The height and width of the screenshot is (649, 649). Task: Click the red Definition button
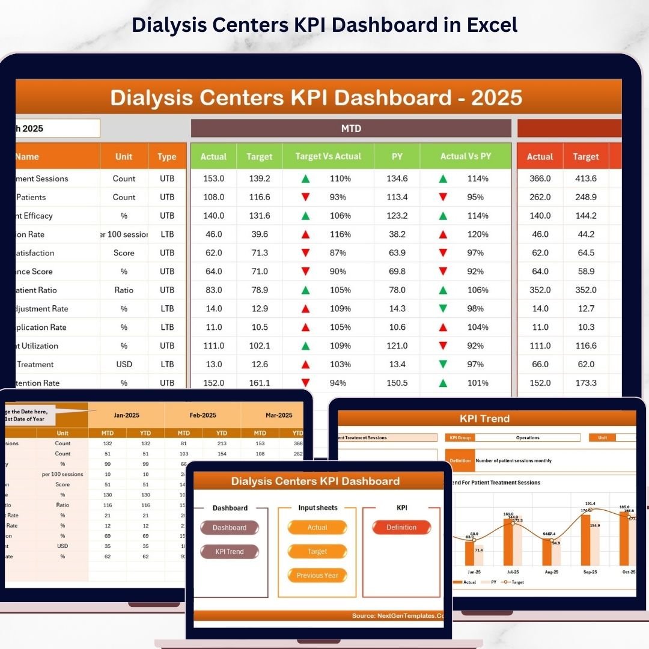pos(401,528)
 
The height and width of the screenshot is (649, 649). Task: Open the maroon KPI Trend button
pos(230,552)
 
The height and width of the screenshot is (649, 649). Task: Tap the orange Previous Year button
pos(317,576)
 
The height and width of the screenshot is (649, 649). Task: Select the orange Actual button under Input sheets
pos(317,528)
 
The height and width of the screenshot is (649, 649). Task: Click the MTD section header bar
pos(351,129)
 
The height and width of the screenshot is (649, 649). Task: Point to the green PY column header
pos(397,156)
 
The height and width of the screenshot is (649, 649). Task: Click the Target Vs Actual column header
pos(328,156)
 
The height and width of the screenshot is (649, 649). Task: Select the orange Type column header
pos(167,157)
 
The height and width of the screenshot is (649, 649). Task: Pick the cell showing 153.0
pos(213,178)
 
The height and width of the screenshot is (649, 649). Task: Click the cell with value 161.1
pos(259,383)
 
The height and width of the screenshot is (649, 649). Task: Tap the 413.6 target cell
pos(585,178)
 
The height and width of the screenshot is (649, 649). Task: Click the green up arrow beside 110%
pos(305,178)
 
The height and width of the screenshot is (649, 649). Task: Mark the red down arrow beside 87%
pos(305,253)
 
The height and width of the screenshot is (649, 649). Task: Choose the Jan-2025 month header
pos(126,415)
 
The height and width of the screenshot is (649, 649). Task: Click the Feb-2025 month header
pos(203,415)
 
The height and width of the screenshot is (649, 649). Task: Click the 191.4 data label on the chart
pos(590,504)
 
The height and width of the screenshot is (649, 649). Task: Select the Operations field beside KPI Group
pos(528,438)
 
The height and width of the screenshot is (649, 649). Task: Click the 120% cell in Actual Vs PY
pos(478,234)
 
